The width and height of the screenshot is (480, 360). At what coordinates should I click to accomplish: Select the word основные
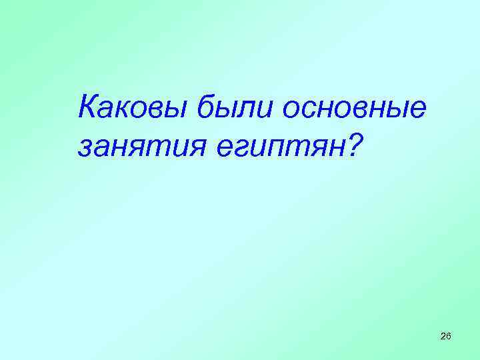[x=353, y=107]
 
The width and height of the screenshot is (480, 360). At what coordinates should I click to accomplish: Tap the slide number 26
[x=446, y=335]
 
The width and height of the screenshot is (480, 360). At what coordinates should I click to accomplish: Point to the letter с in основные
[x=314, y=109]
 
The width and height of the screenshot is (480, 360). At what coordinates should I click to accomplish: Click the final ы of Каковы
[x=179, y=109]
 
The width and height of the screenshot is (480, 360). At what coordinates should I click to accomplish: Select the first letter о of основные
[x=294, y=109]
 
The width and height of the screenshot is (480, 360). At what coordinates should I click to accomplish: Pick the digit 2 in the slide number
[x=443, y=335]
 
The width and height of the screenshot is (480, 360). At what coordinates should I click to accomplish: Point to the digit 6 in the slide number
[x=449, y=335]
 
